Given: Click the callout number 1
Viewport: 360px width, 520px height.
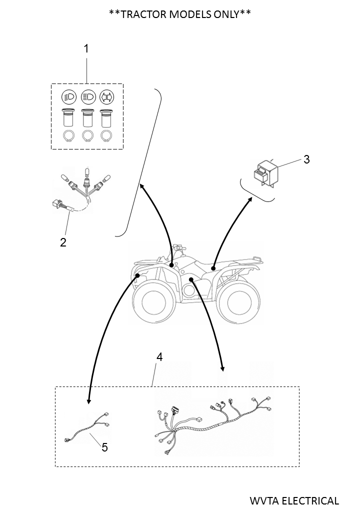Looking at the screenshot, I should tap(86, 48).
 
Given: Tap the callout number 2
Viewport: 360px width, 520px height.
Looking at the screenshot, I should tap(63, 242).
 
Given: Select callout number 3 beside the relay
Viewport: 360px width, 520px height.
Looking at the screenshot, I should tap(306, 159).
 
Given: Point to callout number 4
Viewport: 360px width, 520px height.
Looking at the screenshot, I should tap(159, 357).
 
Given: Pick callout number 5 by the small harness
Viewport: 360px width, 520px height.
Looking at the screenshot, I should tap(104, 447).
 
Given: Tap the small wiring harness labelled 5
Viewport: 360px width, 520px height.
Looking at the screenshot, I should tap(87, 428).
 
